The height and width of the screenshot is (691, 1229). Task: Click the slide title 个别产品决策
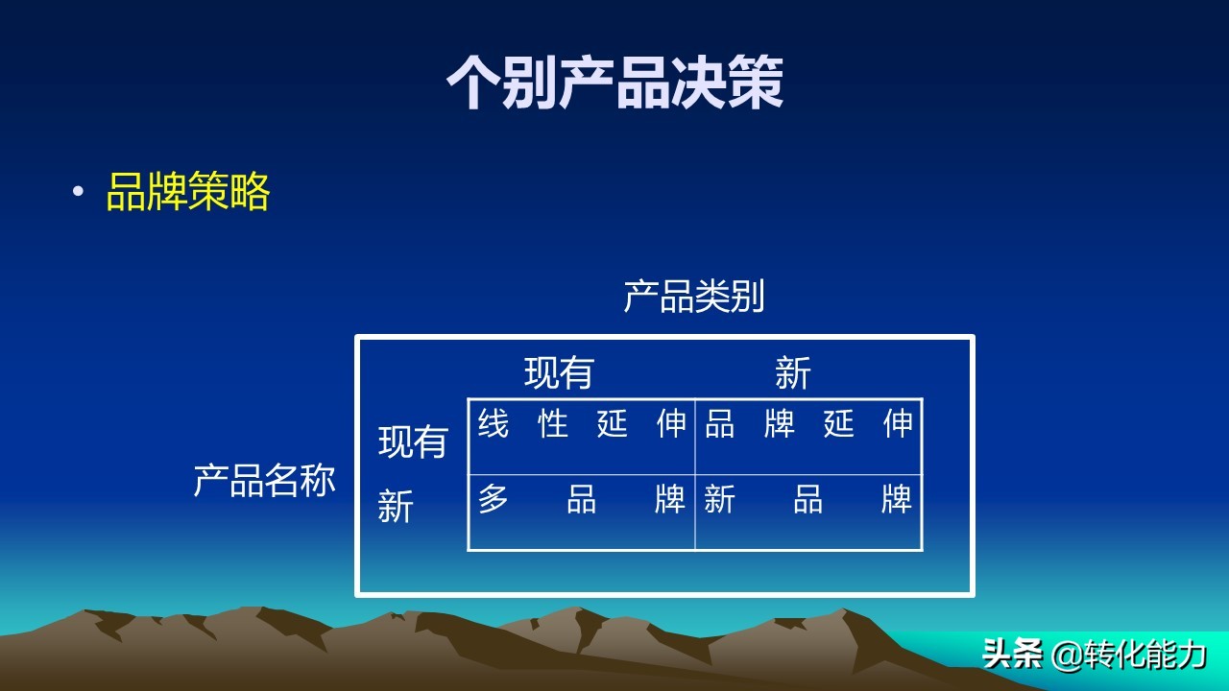614,83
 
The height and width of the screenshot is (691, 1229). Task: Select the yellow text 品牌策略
188,192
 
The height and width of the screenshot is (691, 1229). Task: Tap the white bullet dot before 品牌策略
78,191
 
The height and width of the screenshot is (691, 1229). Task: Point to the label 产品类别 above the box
693,297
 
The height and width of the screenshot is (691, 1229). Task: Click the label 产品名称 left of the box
264,480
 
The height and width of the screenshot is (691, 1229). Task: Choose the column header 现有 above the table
559,372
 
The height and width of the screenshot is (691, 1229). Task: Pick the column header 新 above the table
793,372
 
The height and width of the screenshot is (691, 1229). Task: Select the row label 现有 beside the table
413,441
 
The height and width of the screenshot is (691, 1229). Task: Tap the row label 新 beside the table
396,506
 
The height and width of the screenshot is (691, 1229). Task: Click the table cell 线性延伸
582,424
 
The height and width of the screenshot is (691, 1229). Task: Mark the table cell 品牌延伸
808,424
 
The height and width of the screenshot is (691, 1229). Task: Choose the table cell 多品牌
582,500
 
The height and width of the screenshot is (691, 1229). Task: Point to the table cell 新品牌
808,500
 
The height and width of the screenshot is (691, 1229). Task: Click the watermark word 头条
1013,655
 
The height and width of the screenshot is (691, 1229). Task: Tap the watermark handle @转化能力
1128,655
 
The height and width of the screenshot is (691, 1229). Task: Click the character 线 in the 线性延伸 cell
494,424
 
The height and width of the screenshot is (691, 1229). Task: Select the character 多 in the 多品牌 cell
494,500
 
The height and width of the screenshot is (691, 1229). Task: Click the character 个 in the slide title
474,83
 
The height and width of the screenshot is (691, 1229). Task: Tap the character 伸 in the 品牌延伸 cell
898,424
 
